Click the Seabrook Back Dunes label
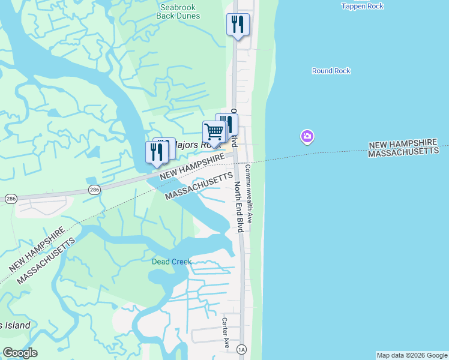178,11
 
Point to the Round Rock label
331,71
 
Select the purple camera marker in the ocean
307,137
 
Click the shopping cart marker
214,131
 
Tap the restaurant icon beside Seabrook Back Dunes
238,25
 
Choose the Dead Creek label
172,262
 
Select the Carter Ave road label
226,332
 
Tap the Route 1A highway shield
242,349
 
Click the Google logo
20,353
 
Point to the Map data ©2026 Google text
412,355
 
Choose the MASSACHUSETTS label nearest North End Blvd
199,187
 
